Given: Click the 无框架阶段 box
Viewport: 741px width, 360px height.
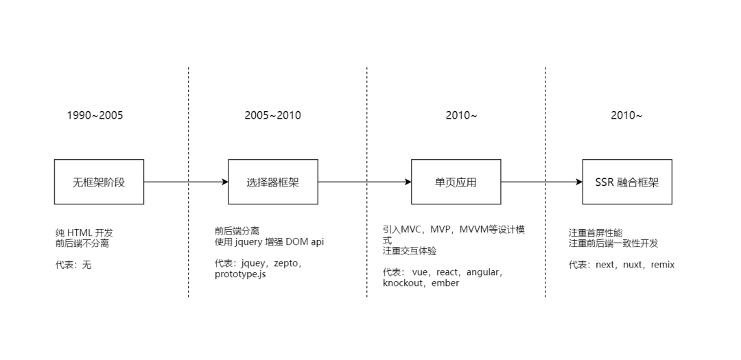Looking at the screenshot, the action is click(x=99, y=182).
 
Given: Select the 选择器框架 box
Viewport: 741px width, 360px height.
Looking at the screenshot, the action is click(x=272, y=182).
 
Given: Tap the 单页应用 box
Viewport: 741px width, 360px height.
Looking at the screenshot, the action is click(x=456, y=182).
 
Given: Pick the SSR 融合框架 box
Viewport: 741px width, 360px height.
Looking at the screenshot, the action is click(x=627, y=182).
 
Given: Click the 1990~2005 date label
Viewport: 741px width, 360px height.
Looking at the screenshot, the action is click(x=95, y=115).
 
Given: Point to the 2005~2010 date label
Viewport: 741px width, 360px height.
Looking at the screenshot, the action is click(x=272, y=115).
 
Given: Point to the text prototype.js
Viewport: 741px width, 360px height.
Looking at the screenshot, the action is click(x=240, y=274).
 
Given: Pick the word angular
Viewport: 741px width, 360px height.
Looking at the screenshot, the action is click(x=483, y=272).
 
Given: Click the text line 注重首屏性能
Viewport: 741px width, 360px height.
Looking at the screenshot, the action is click(x=596, y=233).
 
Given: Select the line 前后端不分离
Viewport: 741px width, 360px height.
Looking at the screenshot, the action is click(x=82, y=243).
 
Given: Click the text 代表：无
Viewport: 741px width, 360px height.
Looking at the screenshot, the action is click(x=73, y=265).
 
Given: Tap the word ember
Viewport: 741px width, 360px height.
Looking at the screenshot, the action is click(x=445, y=283).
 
